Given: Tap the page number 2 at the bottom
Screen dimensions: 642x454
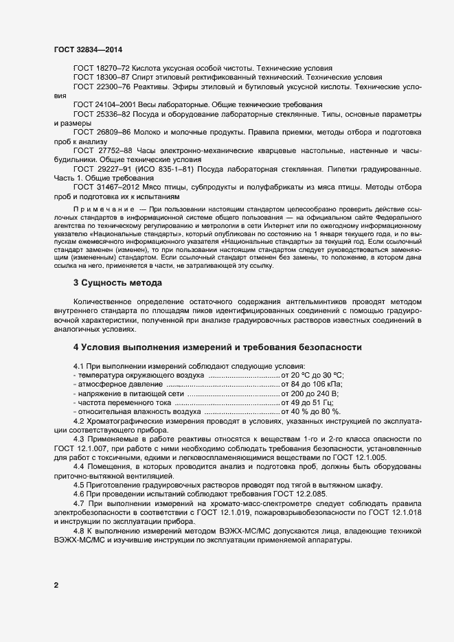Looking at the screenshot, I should (x=56, y=585).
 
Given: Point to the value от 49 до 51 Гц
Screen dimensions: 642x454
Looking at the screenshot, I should (x=307, y=403).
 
